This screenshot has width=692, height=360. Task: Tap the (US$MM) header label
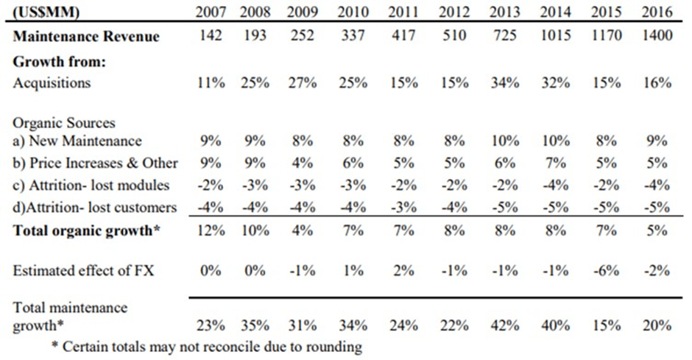47,13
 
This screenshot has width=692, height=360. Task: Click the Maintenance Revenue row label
85,36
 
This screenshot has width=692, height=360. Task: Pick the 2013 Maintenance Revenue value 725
505,35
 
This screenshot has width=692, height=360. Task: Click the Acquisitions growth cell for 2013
505,82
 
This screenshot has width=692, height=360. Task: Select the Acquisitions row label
52,82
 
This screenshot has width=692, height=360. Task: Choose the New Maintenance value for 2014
555,141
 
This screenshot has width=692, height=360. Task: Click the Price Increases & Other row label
95,163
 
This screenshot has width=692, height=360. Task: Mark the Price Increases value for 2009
303,163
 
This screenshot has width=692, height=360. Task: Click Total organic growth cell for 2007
211,230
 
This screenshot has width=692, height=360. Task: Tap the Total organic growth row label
87,230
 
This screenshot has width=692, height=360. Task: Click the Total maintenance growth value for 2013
505,325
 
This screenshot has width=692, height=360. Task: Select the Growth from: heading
60,62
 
